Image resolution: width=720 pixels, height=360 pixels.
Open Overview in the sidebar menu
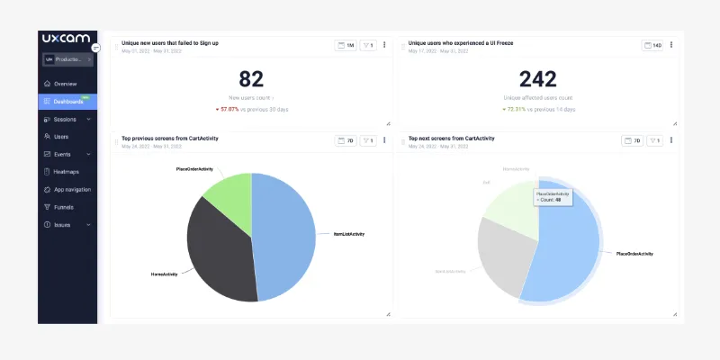coord(65,84)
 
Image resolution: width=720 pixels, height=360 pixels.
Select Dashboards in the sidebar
coord(67,102)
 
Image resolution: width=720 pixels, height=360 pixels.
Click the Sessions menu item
coord(65,119)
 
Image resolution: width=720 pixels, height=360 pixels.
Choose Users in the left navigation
coord(61,137)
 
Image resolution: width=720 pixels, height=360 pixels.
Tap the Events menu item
coord(62,154)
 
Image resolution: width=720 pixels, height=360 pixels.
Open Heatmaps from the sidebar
coord(67,171)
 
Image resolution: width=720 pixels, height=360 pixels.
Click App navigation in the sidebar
coord(72,189)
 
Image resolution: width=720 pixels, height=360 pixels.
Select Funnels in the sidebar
coord(64,207)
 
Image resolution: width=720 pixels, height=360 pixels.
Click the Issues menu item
coord(62,225)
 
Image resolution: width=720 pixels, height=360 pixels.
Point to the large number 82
coord(250,79)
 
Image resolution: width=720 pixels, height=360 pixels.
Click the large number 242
coord(537,79)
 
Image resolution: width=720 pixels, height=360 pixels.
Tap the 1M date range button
coord(346,45)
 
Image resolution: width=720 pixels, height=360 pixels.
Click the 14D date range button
coord(652,45)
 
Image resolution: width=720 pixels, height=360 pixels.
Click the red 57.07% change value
coord(236,109)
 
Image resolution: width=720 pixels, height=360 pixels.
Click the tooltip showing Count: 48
coord(553,196)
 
